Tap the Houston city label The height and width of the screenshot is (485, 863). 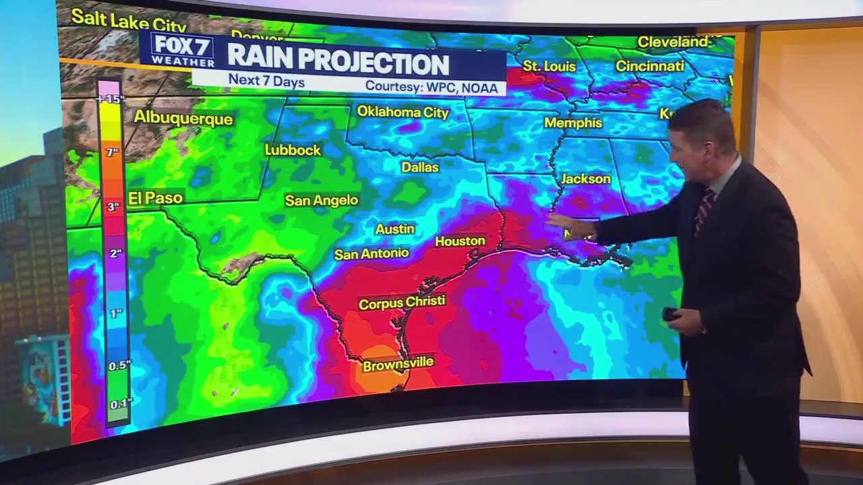[x=460, y=241]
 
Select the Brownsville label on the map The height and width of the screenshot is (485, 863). [x=398, y=364]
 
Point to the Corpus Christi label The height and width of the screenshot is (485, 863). [x=402, y=302]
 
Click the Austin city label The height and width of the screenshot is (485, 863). [x=394, y=229]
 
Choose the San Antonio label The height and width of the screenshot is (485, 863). [x=371, y=254]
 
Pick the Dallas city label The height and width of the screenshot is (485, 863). [x=420, y=167]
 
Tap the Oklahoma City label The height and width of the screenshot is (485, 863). [x=403, y=112]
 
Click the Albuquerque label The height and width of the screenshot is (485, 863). [x=183, y=117]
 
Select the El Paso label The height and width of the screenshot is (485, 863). [x=156, y=198]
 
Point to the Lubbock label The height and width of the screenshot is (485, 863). [x=293, y=150]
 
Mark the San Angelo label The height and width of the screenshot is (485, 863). [x=322, y=200]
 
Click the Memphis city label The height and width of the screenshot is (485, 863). [x=573, y=123]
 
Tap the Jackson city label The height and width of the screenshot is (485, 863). [x=585, y=179]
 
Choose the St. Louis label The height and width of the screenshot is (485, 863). [x=549, y=67]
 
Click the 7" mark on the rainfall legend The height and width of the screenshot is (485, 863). [x=113, y=153]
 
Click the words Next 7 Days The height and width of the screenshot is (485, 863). [x=266, y=81]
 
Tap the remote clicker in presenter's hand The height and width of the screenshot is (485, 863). [x=670, y=314]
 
